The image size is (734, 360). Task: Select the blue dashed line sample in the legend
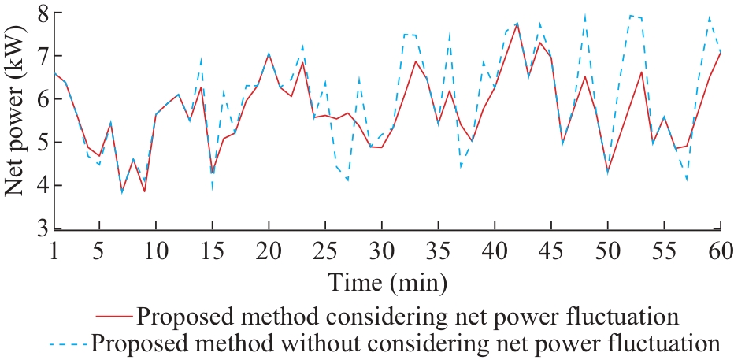(68, 344)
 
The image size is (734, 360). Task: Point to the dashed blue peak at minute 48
(584, 15)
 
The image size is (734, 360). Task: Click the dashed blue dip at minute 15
(212, 188)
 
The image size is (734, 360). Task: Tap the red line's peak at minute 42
(517, 24)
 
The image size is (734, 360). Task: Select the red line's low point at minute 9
(144, 191)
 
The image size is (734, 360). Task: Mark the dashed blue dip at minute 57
(687, 180)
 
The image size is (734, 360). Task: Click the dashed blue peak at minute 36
(449, 34)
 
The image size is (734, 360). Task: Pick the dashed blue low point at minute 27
(347, 180)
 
